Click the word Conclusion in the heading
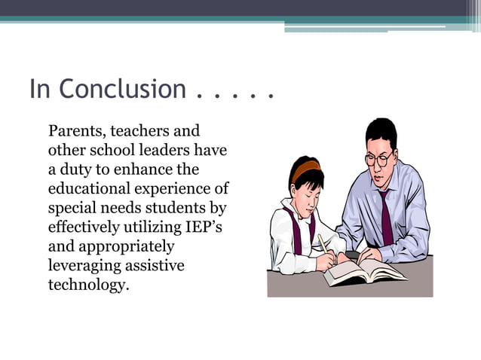pos(121,90)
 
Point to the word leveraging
pos(84,266)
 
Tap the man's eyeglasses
pos(380,159)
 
